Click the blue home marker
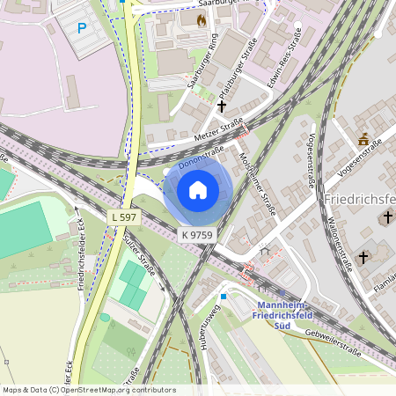198,189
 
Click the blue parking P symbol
82,28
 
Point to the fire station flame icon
202,19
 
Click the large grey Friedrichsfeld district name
359,200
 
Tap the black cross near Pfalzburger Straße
221,106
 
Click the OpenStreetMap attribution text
88,390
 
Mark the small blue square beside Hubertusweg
224,297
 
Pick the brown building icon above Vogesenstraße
363,138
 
